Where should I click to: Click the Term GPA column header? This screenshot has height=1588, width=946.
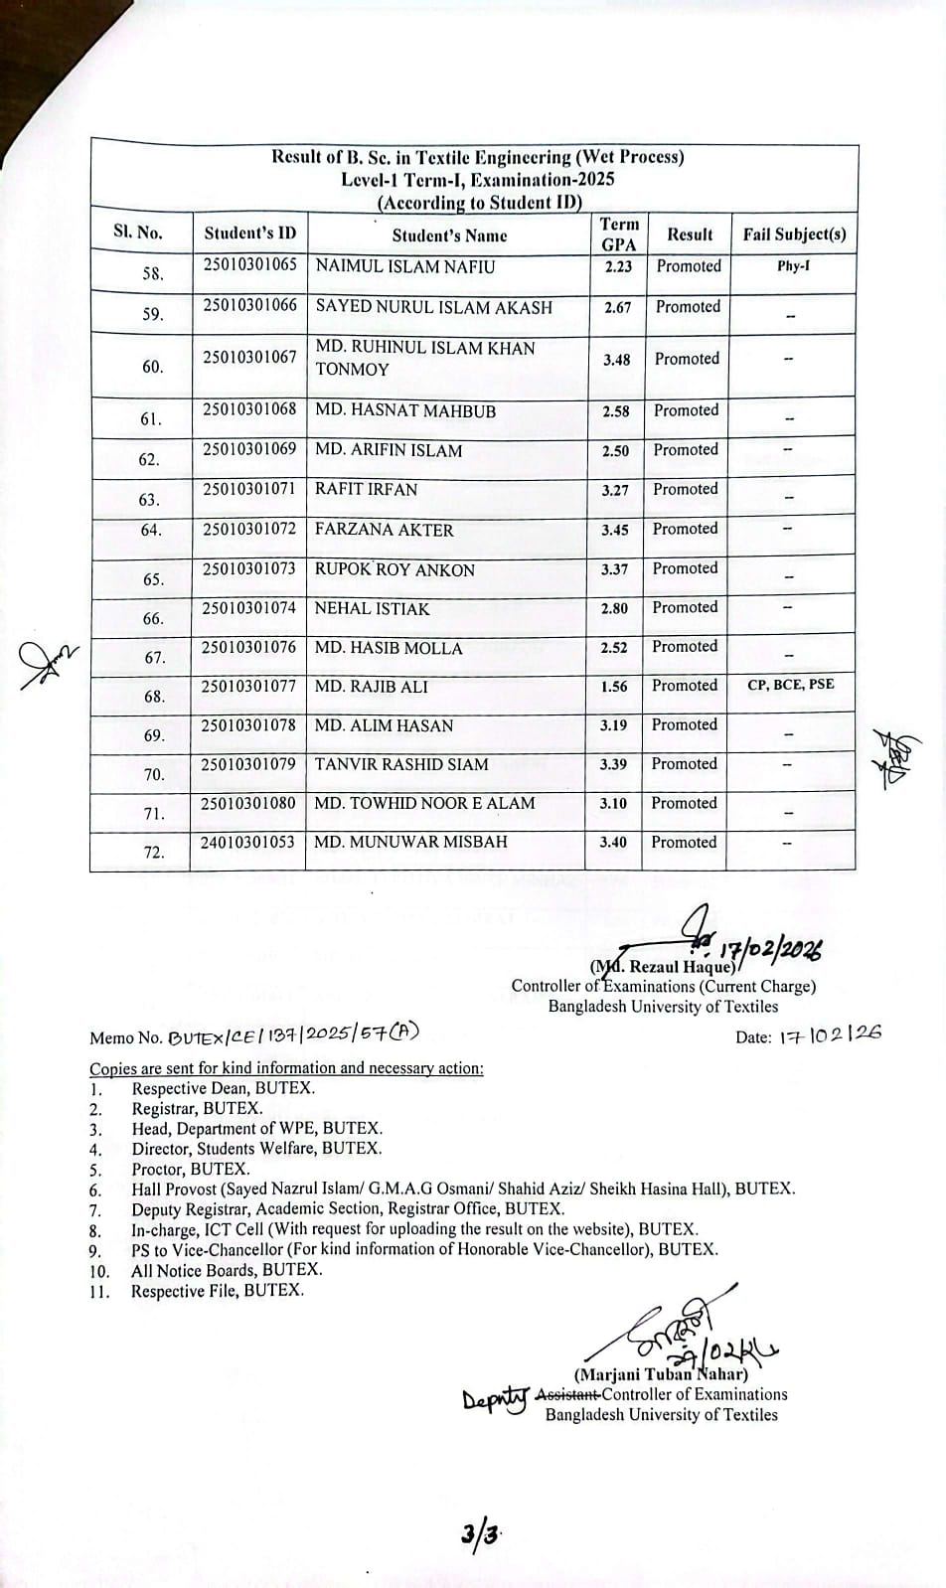[x=619, y=234]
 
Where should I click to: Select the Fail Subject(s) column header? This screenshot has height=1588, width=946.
[x=794, y=235]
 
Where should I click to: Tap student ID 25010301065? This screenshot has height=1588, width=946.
[x=250, y=264]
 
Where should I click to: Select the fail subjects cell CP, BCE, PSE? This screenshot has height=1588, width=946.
[x=790, y=684]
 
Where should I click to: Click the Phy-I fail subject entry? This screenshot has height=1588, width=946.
[x=793, y=266]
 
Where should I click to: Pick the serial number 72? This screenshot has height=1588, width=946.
[x=153, y=852]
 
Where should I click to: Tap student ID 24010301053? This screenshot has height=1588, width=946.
[x=248, y=842]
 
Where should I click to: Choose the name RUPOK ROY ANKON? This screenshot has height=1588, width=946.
[x=394, y=569]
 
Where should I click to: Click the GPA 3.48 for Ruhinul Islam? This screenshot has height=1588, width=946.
[x=616, y=360]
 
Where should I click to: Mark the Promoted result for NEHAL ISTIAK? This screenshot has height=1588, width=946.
[x=685, y=607]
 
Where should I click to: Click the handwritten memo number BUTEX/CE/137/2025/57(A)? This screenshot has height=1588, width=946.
[x=294, y=1034]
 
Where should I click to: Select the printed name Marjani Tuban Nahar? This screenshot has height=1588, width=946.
[x=660, y=1375]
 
